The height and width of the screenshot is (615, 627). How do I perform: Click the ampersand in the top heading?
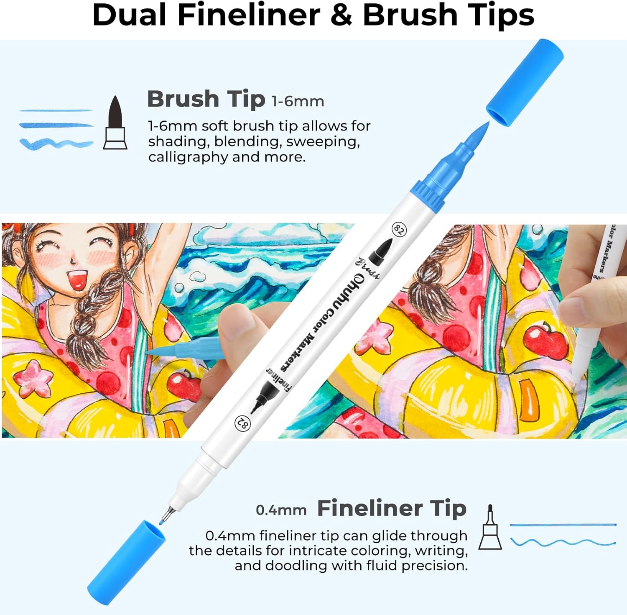[341, 15]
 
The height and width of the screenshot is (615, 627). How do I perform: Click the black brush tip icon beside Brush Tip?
[115, 122]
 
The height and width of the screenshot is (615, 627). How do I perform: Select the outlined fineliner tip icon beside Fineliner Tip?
[490, 527]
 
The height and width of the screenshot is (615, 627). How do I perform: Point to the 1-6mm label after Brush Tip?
[298, 101]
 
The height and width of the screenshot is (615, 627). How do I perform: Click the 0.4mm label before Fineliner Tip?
[281, 510]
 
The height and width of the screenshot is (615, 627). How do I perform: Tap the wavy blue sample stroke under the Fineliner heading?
[563, 543]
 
